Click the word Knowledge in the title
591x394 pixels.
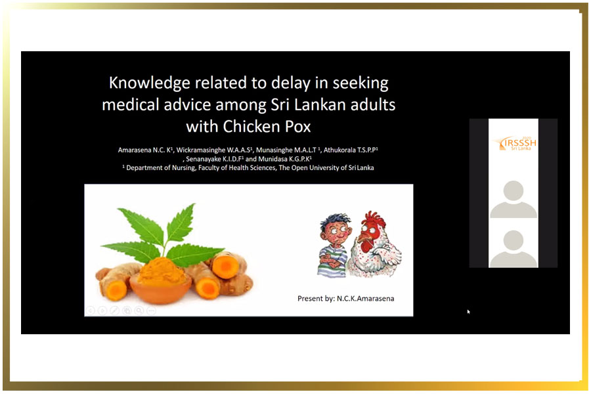point(149,83)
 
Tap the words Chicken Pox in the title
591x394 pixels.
point(267,127)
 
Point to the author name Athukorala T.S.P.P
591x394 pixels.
point(351,150)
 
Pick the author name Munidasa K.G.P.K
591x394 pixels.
point(284,159)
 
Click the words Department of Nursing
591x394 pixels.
point(160,168)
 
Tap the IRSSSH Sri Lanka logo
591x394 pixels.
point(515,143)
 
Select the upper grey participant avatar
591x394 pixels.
point(514,199)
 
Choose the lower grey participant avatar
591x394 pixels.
point(514,249)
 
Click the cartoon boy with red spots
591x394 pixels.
point(334,246)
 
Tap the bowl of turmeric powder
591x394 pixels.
point(161,281)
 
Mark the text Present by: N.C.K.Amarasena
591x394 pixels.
point(345,299)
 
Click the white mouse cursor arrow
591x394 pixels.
point(468,311)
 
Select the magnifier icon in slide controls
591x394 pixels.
point(139,311)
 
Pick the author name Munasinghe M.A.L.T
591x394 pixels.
point(287,150)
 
